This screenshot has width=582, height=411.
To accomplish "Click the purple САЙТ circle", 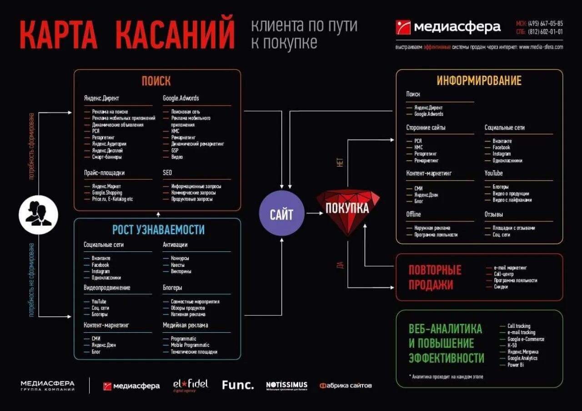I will [x=281, y=213].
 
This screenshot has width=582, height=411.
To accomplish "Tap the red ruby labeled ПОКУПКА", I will [x=348, y=210].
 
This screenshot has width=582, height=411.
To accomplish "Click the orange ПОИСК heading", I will [x=156, y=81].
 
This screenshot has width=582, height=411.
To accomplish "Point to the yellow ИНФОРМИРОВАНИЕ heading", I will [x=479, y=81].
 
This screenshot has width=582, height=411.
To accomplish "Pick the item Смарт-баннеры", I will [x=107, y=157].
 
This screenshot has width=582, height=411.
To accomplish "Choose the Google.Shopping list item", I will [x=107, y=193].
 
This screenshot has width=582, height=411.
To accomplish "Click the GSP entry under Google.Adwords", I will [x=175, y=150].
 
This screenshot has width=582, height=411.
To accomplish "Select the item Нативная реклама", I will [x=188, y=314].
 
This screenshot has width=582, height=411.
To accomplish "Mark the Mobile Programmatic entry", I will [x=190, y=345].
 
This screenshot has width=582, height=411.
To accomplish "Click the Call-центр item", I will [x=504, y=274].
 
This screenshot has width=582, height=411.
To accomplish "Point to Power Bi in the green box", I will [x=516, y=365].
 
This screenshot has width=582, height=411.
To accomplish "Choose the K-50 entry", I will [x=512, y=346].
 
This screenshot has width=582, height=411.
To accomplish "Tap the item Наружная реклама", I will [x=432, y=228].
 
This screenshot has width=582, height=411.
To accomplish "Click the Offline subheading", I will [x=413, y=214].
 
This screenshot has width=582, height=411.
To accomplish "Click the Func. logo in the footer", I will [x=238, y=385].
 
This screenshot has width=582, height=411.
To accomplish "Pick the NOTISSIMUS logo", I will [x=286, y=386].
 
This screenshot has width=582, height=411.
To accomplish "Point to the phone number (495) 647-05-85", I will [x=545, y=24].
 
